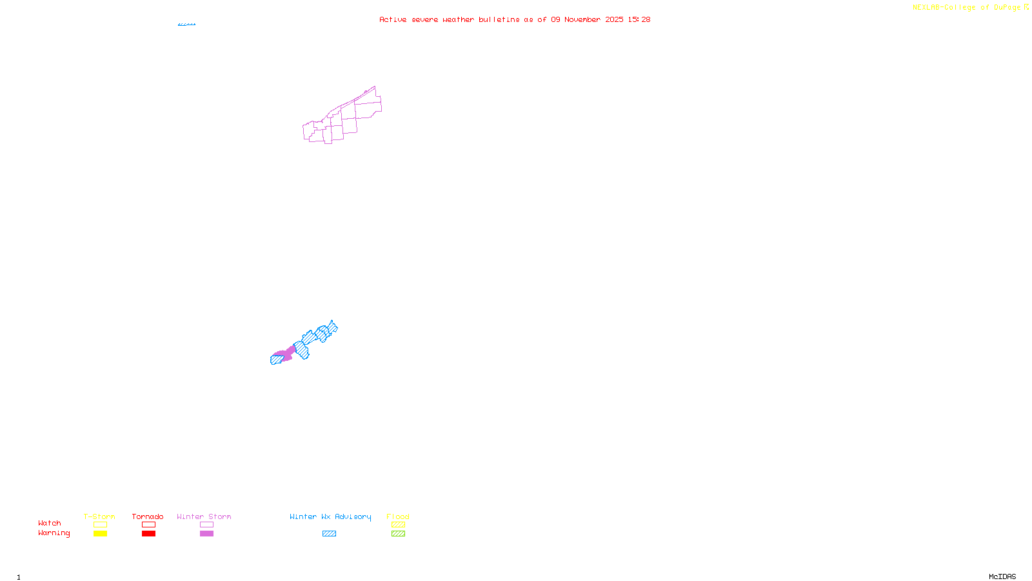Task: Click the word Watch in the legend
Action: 50,524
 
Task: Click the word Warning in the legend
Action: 54,533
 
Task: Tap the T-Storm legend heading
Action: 99,516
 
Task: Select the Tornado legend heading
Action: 148,516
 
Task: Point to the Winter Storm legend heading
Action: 204,516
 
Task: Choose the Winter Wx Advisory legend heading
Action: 330,516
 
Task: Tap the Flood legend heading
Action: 398,516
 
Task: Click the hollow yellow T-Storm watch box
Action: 100,525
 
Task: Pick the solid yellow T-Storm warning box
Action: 100,534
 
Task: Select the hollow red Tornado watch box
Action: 149,525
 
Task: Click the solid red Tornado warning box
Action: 149,534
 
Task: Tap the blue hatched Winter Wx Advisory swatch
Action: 329,534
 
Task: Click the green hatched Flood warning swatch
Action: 398,534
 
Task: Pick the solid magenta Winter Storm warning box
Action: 206,534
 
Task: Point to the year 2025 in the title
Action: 614,20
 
